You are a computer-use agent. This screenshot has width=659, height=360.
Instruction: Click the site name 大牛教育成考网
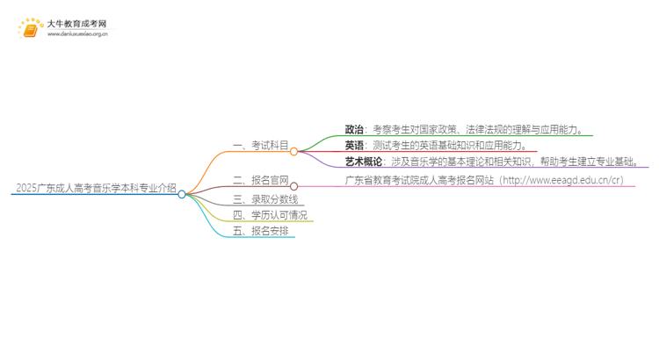coord(77,24)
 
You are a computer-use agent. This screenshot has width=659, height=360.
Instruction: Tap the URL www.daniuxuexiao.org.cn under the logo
coord(77,34)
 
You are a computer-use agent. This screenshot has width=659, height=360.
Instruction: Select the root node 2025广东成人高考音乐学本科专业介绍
coord(94,189)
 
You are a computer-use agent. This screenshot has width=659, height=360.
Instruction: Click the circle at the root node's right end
coord(182,194)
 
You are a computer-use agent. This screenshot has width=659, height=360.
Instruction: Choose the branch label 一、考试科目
coord(259,146)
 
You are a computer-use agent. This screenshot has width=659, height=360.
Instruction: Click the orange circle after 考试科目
coord(294,151)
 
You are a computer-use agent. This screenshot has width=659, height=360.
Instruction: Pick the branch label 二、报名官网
coord(259,180)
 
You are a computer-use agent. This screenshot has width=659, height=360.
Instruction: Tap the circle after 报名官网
coord(294,185)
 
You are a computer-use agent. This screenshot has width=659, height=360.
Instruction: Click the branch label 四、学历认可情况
coord(270,214)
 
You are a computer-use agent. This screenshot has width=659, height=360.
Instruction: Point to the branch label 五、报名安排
coord(259,231)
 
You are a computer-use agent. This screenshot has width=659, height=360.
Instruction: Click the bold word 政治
coord(354,130)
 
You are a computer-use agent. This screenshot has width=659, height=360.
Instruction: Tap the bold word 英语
coord(354,146)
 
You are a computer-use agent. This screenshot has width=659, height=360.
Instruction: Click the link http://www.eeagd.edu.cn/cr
coord(571,180)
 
